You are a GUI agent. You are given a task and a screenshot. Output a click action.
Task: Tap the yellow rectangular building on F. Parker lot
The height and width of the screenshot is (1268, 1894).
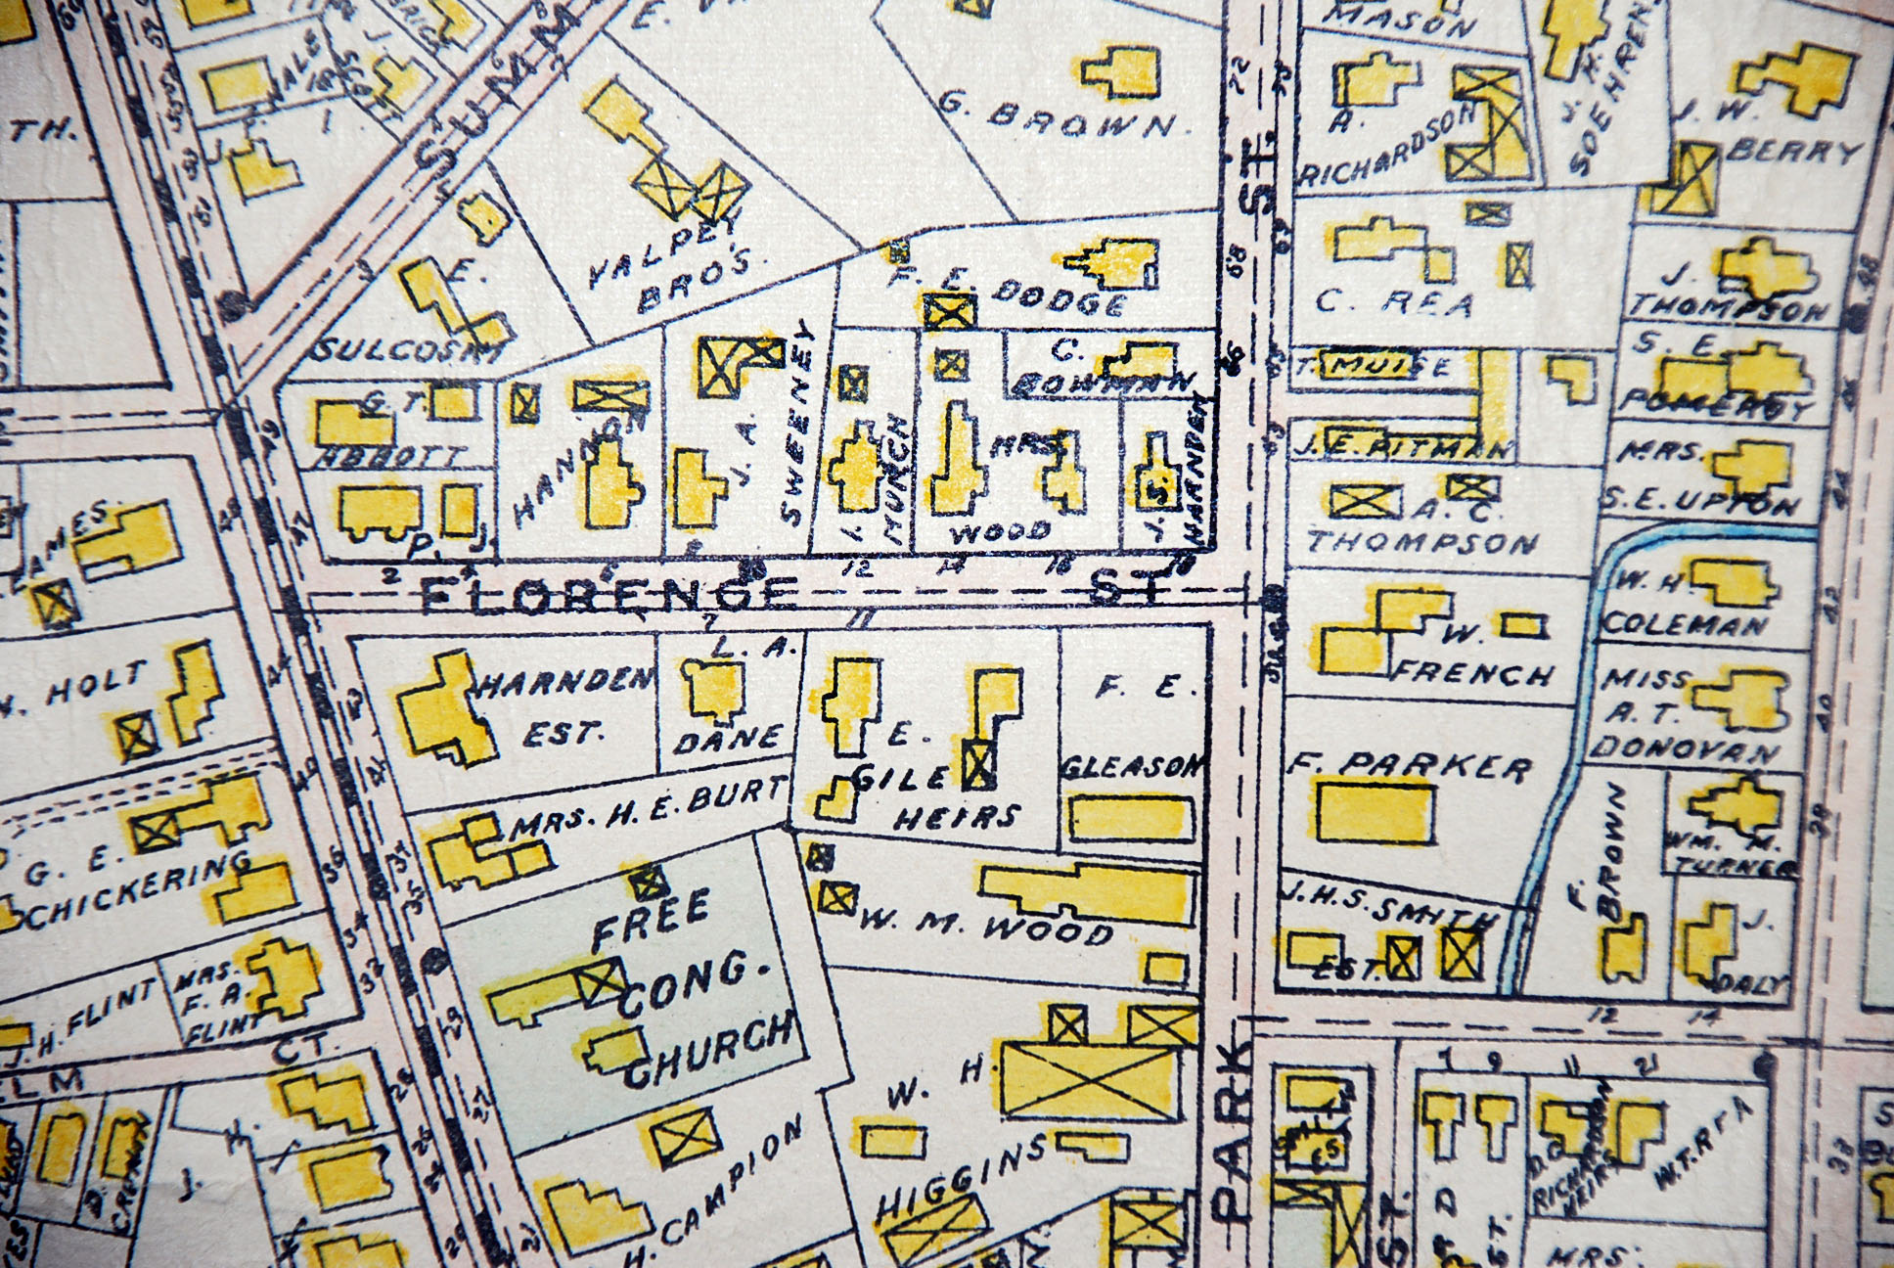1375,813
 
